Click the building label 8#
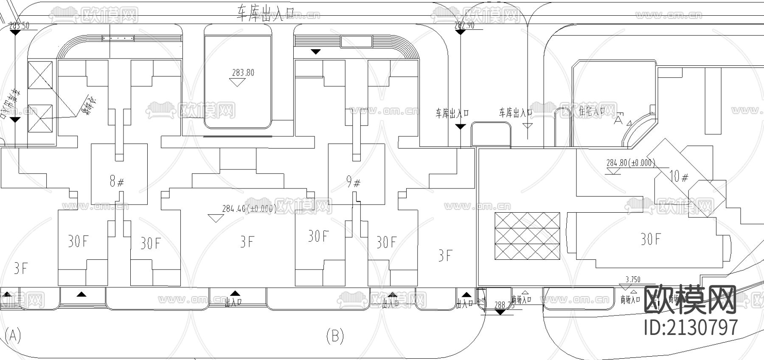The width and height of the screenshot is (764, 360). coord(116,182)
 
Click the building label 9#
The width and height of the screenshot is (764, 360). coord(353,183)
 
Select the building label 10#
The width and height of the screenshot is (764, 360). coord(679,176)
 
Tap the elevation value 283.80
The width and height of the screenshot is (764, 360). coord(243,73)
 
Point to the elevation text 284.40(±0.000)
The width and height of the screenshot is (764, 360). coord(249,209)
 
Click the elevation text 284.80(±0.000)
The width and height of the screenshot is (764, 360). coord(630,163)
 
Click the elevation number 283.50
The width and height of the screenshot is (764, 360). coord(19,25)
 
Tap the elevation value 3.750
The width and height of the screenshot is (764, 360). coord(633,279)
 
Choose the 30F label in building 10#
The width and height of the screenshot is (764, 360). coord(650,239)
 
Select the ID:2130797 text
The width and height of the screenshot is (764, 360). coord(691,327)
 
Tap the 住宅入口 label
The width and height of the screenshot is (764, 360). coord(592,111)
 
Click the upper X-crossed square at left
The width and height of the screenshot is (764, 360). coord(40,75)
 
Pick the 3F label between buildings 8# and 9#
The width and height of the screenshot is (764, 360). coord(247,242)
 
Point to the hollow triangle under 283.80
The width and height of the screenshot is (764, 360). coord(237,82)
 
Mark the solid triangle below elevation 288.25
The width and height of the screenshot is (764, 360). coord(500,312)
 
